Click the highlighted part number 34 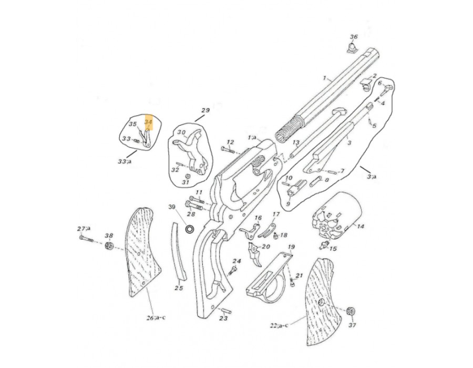(148, 122)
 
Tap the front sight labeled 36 (352, 48)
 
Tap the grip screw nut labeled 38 (109, 246)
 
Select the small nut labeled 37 (351, 311)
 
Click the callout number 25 (179, 288)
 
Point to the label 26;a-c (156, 318)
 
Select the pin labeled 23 (226, 311)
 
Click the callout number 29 (205, 110)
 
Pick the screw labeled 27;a (86, 238)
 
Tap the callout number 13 (296, 142)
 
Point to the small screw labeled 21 (292, 282)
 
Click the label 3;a (372, 177)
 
